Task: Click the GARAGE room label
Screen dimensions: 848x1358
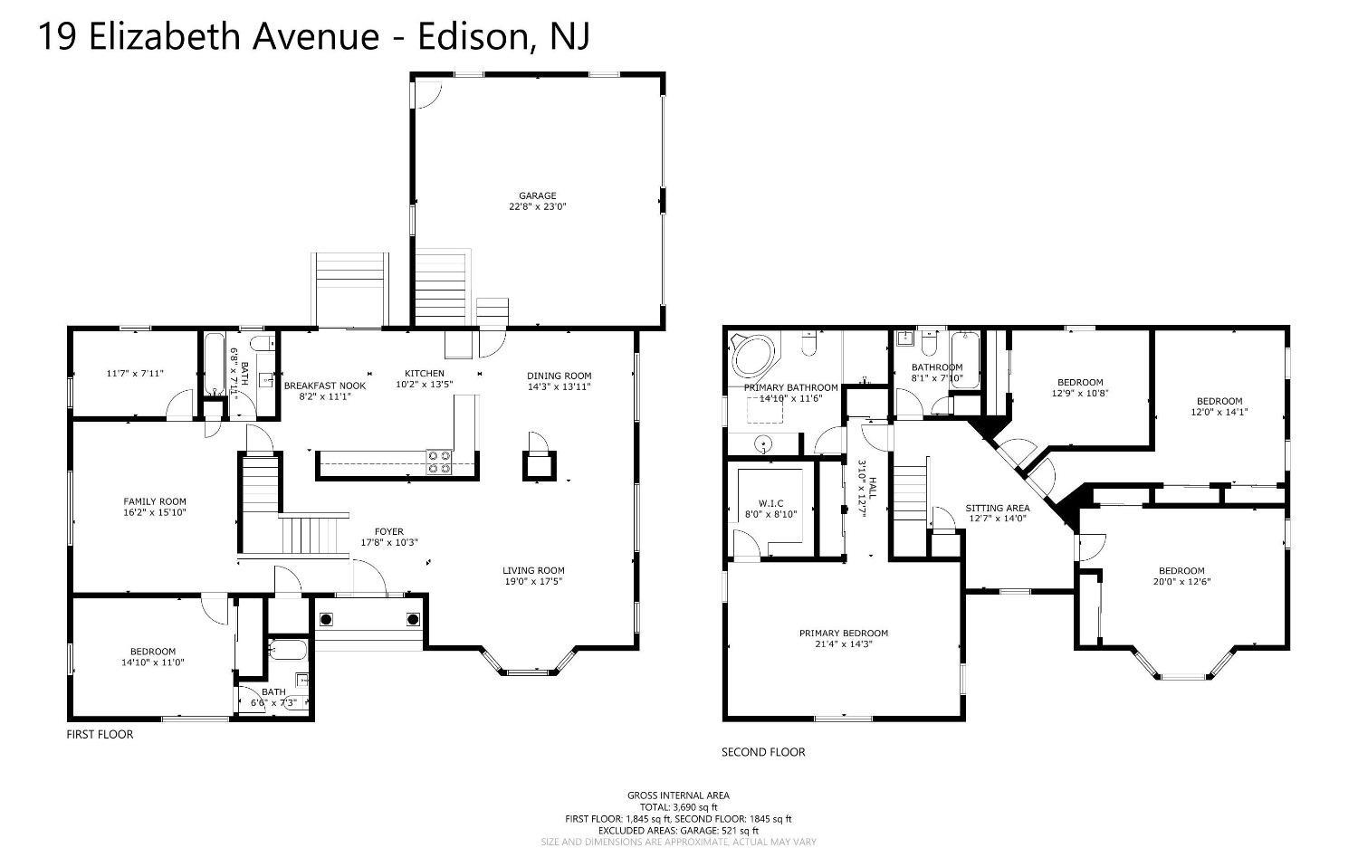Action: pyautogui.click(x=537, y=195)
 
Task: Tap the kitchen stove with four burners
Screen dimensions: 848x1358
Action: pyautogui.click(x=439, y=462)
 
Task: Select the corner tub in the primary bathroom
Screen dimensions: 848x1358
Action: pyautogui.click(x=751, y=357)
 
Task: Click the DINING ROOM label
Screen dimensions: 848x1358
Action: pyautogui.click(x=559, y=376)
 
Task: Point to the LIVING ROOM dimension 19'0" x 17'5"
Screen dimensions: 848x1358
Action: pyautogui.click(x=533, y=581)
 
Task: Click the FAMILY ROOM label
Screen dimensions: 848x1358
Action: pyautogui.click(x=155, y=501)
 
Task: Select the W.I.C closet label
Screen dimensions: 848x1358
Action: pyautogui.click(x=770, y=503)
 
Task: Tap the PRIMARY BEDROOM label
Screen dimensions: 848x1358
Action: pyautogui.click(x=843, y=634)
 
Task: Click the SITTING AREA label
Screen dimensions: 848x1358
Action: pyautogui.click(x=997, y=508)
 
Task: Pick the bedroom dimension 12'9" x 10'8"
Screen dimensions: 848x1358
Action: pyautogui.click(x=1080, y=394)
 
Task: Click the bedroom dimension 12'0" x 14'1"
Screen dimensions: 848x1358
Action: pyautogui.click(x=1219, y=412)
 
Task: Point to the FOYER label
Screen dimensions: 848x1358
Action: pyautogui.click(x=389, y=531)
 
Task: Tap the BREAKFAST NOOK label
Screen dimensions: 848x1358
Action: pyautogui.click(x=325, y=386)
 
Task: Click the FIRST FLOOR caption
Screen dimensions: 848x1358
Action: pyautogui.click(x=100, y=734)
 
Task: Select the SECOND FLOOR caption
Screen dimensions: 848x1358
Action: pyautogui.click(x=762, y=752)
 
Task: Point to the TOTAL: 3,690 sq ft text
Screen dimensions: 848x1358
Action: pyautogui.click(x=678, y=807)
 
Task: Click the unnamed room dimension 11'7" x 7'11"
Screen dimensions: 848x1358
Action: pyautogui.click(x=135, y=374)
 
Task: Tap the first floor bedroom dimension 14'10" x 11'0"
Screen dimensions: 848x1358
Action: pyautogui.click(x=152, y=662)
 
